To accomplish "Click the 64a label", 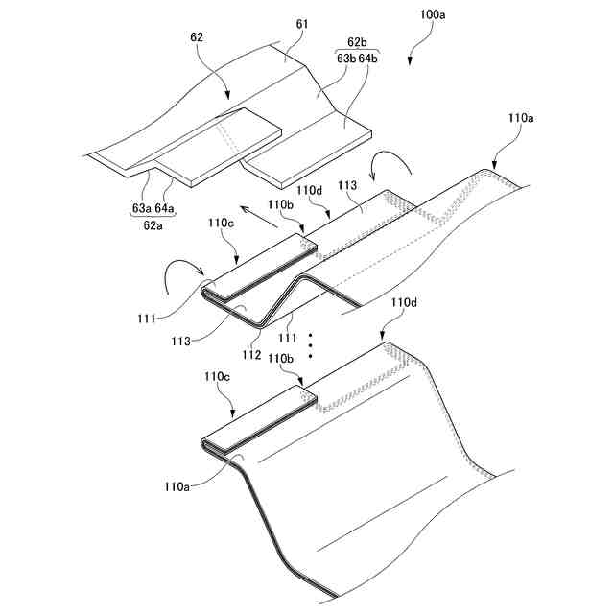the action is pyautogui.click(x=166, y=206).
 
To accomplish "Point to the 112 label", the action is pyautogui.click(x=252, y=355).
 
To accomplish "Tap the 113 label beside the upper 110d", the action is pyautogui.click(x=348, y=185).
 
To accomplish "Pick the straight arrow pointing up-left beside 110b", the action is pyautogui.click(x=251, y=210).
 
